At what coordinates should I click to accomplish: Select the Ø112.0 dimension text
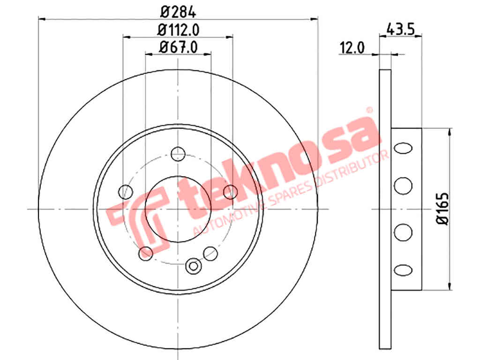[178, 30]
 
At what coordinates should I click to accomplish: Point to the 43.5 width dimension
[401, 30]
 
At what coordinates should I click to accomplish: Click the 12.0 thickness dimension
[352, 48]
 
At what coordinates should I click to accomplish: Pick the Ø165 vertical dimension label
[442, 209]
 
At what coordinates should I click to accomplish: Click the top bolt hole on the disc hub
[178, 154]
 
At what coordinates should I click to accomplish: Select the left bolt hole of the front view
[126, 192]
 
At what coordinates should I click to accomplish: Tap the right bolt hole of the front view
[231, 192]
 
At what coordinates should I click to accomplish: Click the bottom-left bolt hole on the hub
[146, 254]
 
